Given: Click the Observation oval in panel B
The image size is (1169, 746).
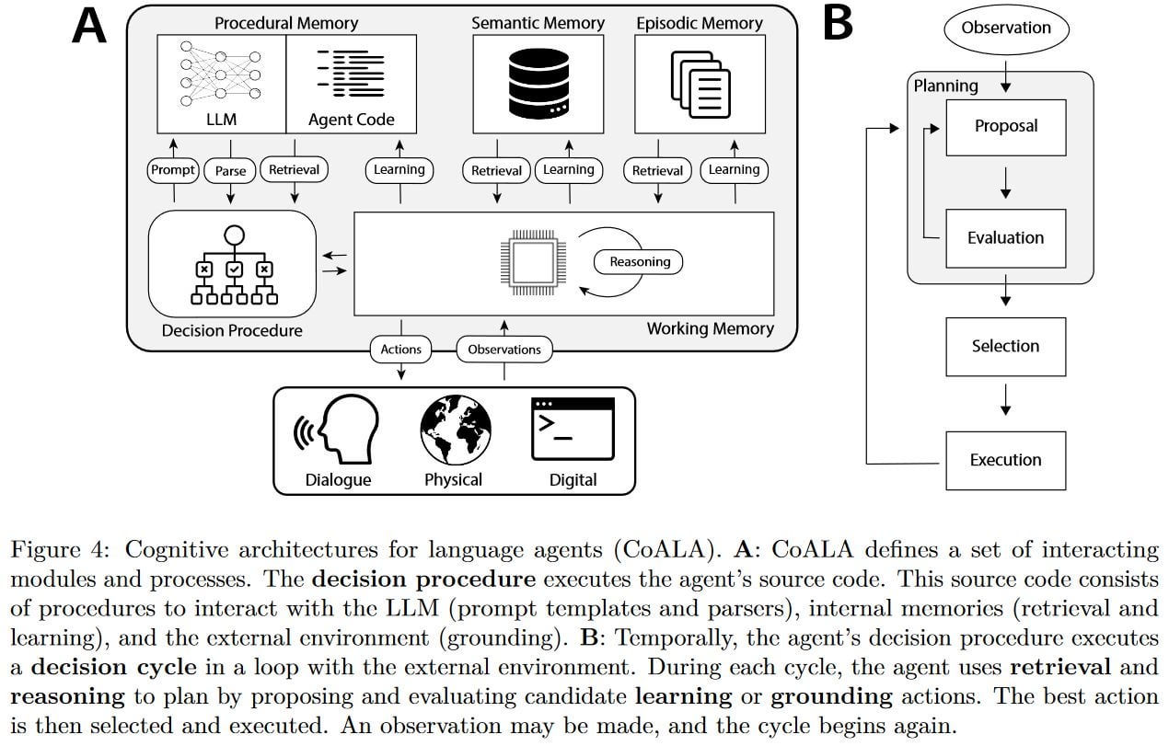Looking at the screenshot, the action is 1006,29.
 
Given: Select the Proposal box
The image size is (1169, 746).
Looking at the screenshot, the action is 1006,127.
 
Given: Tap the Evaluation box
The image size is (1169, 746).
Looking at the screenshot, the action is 1006,238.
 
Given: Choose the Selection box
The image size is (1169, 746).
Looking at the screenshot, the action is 1006,347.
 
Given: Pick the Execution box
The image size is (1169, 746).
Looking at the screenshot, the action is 1006,460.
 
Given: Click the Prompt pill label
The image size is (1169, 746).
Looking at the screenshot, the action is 173,170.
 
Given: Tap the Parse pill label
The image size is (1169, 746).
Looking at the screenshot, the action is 230,170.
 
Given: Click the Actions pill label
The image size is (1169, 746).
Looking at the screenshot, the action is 400,350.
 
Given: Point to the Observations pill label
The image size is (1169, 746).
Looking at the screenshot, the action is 504,350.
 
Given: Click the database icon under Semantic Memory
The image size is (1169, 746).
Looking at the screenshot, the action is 538,84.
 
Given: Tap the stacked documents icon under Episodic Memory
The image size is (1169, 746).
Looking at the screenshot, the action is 700,85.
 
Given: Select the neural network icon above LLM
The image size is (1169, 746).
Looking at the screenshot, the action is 221,74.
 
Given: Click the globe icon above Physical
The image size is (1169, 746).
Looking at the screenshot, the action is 456,430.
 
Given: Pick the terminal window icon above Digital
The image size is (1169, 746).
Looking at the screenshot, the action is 573,429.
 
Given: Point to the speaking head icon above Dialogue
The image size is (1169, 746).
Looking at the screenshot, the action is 338,429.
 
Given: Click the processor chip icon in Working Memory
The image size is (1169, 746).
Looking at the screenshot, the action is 533,262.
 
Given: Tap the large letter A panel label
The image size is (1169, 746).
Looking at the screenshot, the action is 89,26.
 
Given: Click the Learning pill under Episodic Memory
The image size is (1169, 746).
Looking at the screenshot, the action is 734,170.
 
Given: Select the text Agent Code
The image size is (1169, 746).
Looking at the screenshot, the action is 352,120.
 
